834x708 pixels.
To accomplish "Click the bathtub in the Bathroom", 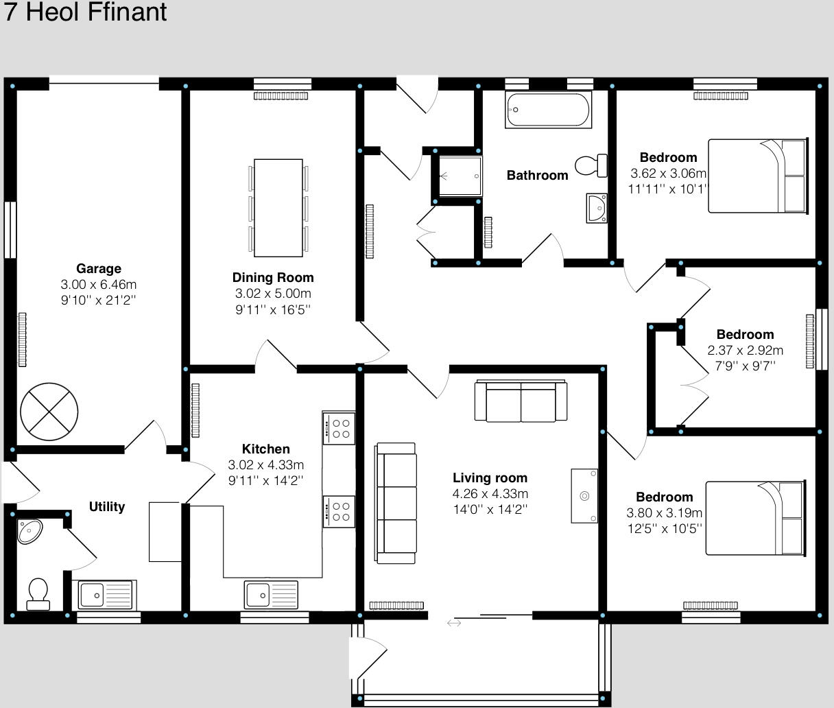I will point(549,110).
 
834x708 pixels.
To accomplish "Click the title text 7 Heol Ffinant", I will point(86,12).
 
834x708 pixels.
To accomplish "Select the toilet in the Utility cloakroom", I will point(38,593).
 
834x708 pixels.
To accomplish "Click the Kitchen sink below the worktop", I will point(272,593).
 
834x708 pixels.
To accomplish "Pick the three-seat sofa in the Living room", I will point(396,504).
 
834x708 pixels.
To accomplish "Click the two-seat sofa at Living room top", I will point(521,401).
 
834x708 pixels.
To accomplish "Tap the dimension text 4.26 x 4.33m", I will point(490,494).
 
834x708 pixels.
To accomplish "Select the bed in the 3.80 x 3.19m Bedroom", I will point(754,518).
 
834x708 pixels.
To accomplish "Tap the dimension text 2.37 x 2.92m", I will point(745,351).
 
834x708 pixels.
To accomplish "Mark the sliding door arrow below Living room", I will point(454,623).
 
